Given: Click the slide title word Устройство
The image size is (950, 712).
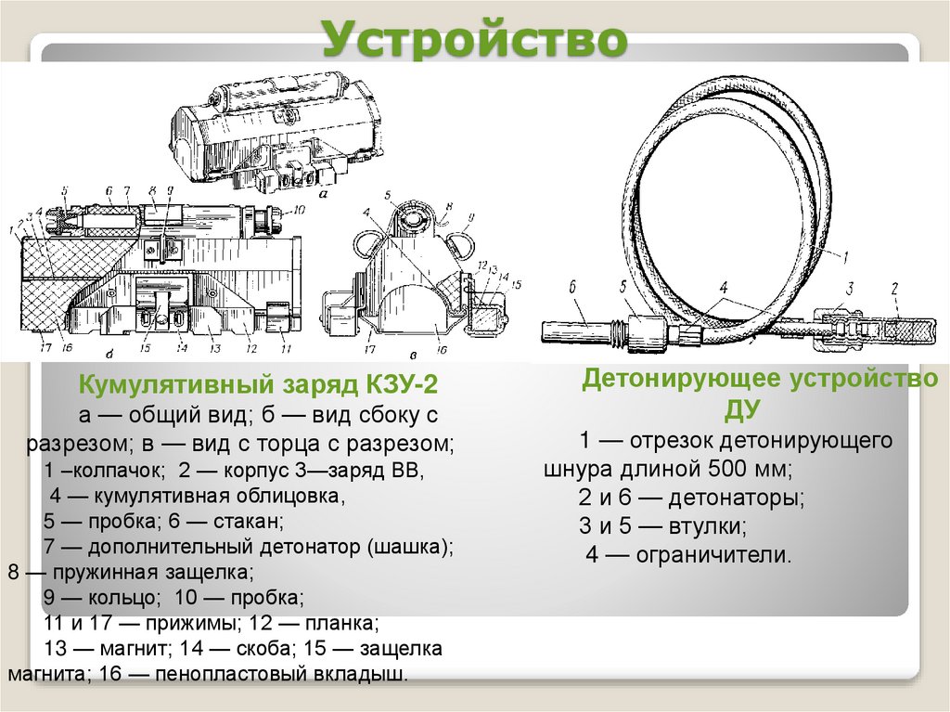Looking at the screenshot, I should tap(474, 38).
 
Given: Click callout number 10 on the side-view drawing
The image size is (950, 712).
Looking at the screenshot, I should tap(298, 211).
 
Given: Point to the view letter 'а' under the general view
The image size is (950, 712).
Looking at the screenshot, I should tap(322, 196).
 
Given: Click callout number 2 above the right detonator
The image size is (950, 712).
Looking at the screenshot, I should tap(894, 290).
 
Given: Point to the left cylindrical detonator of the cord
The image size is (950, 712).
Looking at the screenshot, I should tap(577, 329).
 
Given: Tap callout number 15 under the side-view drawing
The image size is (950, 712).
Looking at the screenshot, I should tap(144, 349).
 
